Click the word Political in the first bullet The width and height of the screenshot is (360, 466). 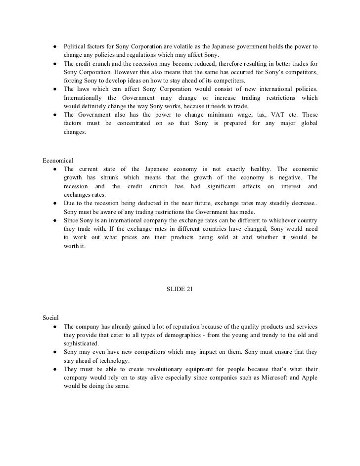pos(74,46)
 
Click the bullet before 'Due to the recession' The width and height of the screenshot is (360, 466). pos(52,203)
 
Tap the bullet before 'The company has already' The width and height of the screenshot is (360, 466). pos(52,327)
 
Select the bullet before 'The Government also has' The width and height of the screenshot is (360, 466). pos(52,115)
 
